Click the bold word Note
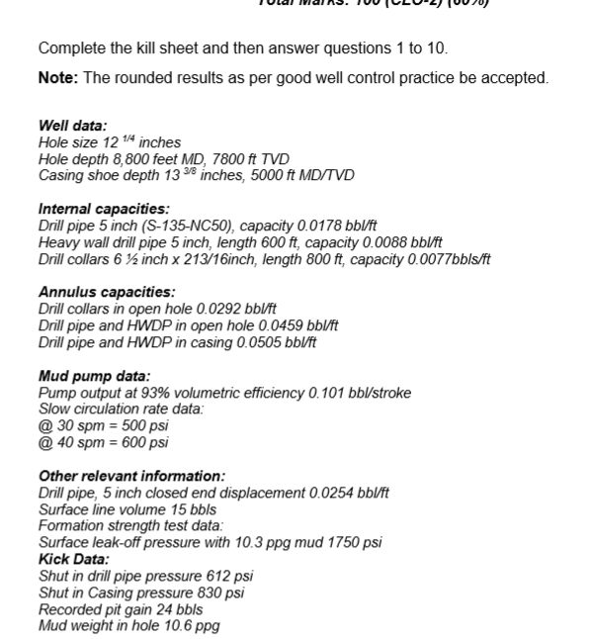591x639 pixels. (x=57, y=78)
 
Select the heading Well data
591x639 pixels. (x=72, y=126)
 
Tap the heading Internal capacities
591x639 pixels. (x=103, y=209)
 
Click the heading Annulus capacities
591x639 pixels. (x=107, y=292)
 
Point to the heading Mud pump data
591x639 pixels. (x=94, y=376)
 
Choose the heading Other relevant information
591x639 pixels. (x=131, y=476)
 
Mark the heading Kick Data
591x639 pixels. (x=73, y=559)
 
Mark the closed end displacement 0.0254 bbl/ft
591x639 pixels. (x=350, y=493)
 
